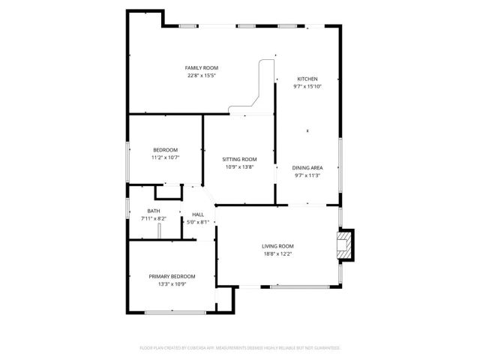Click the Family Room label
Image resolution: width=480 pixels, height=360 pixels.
click(x=202, y=68)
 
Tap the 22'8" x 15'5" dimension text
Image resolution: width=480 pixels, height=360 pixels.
click(x=202, y=76)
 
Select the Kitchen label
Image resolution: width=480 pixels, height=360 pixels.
click(x=307, y=79)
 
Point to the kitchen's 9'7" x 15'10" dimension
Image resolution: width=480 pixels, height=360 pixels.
click(x=307, y=86)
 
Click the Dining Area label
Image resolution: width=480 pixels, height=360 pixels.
click(x=307, y=168)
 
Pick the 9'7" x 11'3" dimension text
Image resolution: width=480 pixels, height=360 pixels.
click(x=307, y=175)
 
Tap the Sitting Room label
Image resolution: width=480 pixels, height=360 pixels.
click(x=240, y=159)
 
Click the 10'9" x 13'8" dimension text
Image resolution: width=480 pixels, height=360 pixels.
click(x=240, y=166)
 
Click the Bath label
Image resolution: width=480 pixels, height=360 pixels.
click(x=153, y=211)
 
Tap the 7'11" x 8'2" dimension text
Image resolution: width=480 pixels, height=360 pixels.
click(x=153, y=218)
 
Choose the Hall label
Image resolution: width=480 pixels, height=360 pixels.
click(x=198, y=214)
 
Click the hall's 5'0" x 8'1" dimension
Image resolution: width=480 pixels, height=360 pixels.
click(x=198, y=222)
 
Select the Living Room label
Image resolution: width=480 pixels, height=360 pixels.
click(x=277, y=246)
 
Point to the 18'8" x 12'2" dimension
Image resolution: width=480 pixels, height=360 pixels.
click(x=277, y=253)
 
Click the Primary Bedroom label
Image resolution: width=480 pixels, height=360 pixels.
click(x=172, y=277)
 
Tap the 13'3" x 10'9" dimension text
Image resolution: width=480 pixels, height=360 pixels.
click(x=172, y=284)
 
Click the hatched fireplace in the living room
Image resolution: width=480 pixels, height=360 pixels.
click(x=345, y=245)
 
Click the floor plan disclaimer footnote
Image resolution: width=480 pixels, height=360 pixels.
click(x=240, y=348)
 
